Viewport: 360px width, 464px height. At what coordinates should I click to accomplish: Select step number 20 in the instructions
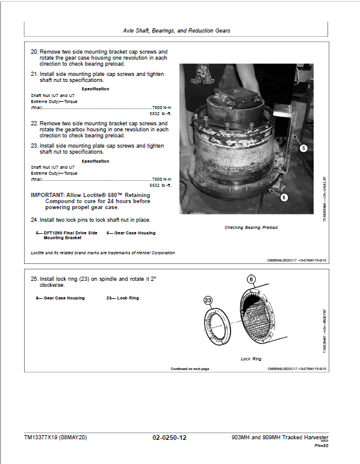click(x=34, y=52)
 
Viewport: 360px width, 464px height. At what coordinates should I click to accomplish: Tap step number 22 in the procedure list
click(x=34, y=123)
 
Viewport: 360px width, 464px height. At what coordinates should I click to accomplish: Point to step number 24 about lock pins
click(x=34, y=219)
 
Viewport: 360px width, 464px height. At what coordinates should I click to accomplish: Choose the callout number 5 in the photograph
click(x=303, y=148)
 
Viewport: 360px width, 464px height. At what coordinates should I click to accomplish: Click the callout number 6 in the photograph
click(x=284, y=197)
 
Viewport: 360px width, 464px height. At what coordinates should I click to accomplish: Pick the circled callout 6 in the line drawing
click(x=251, y=280)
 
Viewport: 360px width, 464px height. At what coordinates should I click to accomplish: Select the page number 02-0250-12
click(x=170, y=438)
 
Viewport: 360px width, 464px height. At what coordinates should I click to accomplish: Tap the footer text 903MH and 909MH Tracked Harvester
click(x=280, y=437)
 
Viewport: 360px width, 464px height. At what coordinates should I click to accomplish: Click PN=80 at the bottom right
click(x=321, y=447)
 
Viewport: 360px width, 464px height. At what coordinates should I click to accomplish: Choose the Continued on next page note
click(x=190, y=368)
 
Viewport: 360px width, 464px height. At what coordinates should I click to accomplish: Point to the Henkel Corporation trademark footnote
click(x=103, y=252)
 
